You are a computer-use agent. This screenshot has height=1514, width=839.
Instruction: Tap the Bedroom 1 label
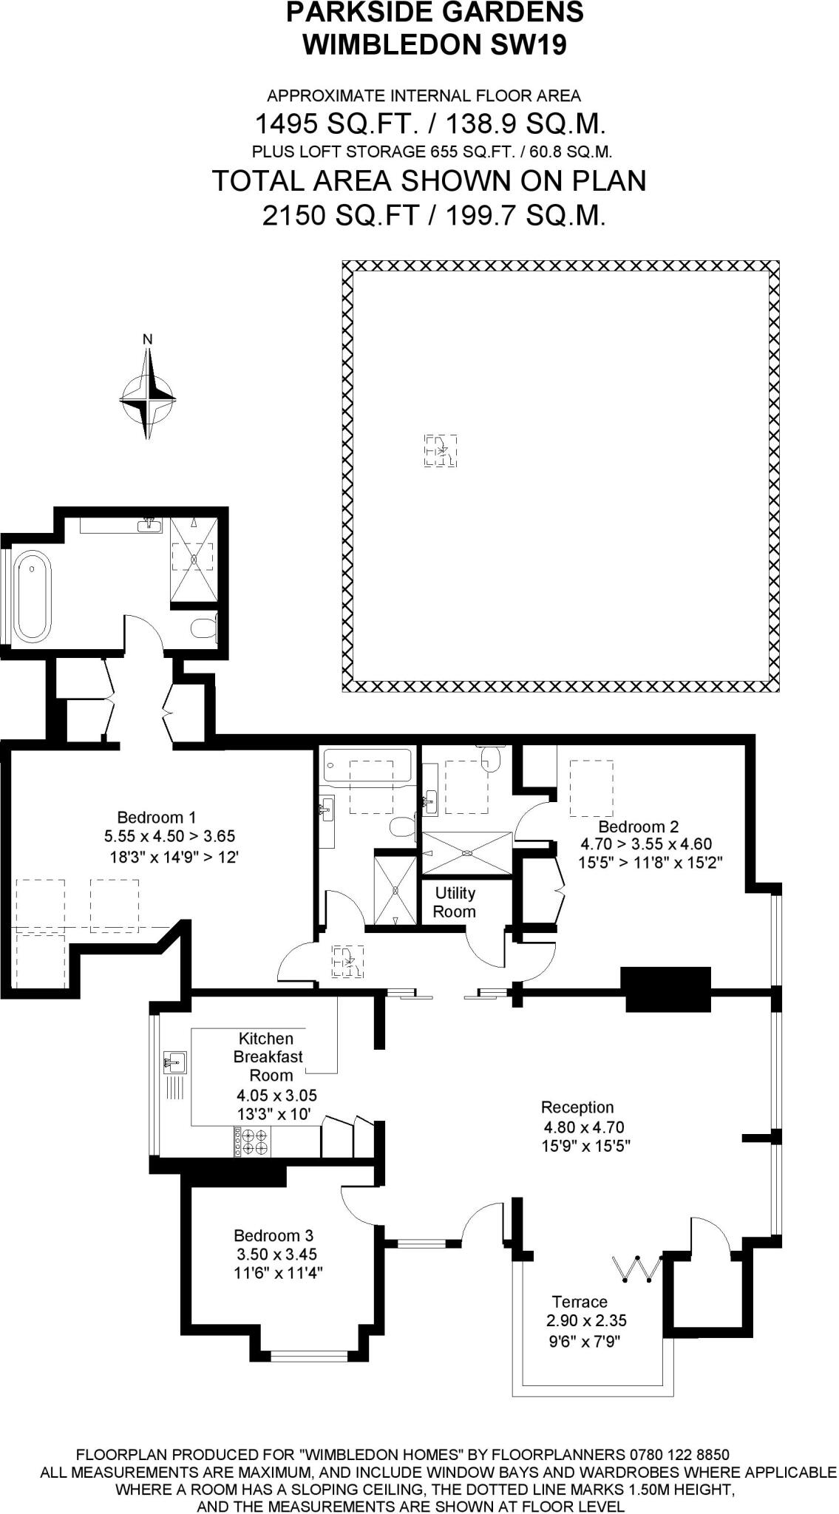(x=156, y=818)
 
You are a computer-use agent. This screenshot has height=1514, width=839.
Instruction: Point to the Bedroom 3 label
(x=274, y=1235)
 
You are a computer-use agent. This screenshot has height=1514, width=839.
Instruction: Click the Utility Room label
(x=455, y=902)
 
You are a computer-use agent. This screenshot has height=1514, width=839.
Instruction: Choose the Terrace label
(x=580, y=1302)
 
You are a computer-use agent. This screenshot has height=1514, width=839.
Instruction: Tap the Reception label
(x=577, y=1107)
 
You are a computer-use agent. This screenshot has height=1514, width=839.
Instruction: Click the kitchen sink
(x=175, y=1064)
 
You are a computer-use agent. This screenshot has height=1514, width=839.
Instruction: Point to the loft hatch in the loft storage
(x=441, y=450)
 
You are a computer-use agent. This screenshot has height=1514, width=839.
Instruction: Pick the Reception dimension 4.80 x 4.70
(x=584, y=1127)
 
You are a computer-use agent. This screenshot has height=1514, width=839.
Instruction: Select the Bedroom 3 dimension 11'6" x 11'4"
(x=279, y=1273)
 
